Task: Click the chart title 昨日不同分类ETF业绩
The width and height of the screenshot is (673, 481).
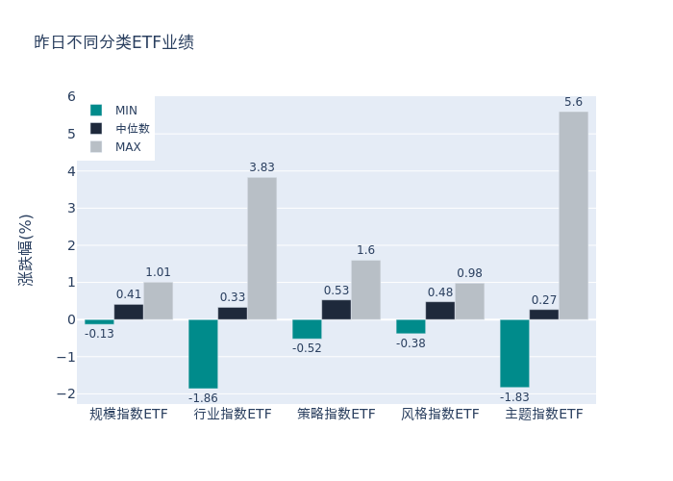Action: pyautogui.click(x=113, y=42)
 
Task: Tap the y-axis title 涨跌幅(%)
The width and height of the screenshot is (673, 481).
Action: pyautogui.click(x=26, y=249)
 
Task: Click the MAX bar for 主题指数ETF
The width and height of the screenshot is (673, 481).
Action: pyautogui.click(x=573, y=215)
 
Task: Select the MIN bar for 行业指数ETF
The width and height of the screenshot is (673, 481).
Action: pyautogui.click(x=203, y=354)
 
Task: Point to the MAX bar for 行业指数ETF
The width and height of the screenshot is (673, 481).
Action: pyautogui.click(x=262, y=248)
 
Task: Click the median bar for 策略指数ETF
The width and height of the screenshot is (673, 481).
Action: pyautogui.click(x=336, y=310)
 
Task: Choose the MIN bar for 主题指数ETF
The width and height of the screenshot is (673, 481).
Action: pyautogui.click(x=514, y=353)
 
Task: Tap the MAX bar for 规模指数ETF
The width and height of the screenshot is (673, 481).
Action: pyautogui.click(x=158, y=300)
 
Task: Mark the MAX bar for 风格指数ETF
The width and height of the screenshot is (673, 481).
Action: pyautogui.click(x=469, y=301)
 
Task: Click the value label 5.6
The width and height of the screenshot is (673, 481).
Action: pyautogui.click(x=573, y=102)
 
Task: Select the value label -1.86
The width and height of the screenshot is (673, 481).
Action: pyautogui.click(x=203, y=398)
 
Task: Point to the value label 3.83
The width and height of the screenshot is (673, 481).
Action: pyautogui.click(x=262, y=167)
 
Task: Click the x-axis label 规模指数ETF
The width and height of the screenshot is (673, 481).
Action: pyautogui.click(x=129, y=415)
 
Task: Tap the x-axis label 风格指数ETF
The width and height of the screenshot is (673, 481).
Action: pyautogui.click(x=440, y=415)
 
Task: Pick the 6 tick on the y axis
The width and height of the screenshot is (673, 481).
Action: pyautogui.click(x=71, y=96)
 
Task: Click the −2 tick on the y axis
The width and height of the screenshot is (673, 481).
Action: pyautogui.click(x=66, y=393)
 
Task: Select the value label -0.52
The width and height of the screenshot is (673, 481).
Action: pyautogui.click(x=307, y=348)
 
